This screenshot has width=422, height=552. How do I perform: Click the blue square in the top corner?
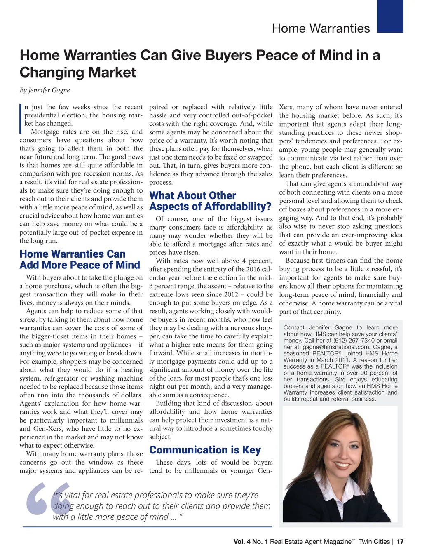click(390, 16)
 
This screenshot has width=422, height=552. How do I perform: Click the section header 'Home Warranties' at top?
click(321, 28)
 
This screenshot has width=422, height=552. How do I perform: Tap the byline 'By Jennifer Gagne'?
click(45, 90)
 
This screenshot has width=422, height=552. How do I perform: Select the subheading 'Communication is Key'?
click(205, 450)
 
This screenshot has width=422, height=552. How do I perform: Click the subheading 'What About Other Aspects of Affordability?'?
click(210, 201)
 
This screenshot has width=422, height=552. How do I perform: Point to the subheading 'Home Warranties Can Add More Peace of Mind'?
click(80, 260)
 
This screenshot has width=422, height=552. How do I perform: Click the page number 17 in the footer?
click(400, 542)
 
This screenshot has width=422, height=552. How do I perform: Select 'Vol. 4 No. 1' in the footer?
click(251, 542)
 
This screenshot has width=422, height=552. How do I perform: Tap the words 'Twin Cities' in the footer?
click(374, 542)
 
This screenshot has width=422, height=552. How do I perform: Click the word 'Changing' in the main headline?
click(49, 73)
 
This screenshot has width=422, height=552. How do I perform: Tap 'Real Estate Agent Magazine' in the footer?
click(311, 542)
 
